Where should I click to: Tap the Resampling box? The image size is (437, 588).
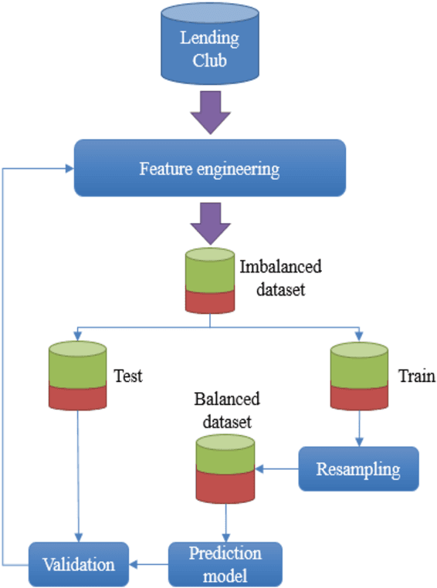pyautogui.click(x=358, y=468)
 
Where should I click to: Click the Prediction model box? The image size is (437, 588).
pyautogui.click(x=225, y=563)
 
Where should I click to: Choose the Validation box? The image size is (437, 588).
pyautogui.click(x=78, y=564)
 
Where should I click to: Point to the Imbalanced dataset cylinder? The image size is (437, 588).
pyautogui.click(x=208, y=281)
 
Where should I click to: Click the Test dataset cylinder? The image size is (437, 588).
pyautogui.click(x=77, y=376)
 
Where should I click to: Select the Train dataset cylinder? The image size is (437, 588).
pyautogui.click(x=358, y=376)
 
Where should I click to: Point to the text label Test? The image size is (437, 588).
pyautogui.click(x=128, y=377)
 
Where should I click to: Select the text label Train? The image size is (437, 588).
pyautogui.click(x=416, y=377)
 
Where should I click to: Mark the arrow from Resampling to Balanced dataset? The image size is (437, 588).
pyautogui.click(x=278, y=468)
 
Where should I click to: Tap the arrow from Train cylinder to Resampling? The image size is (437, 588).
pyautogui.click(x=358, y=428)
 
